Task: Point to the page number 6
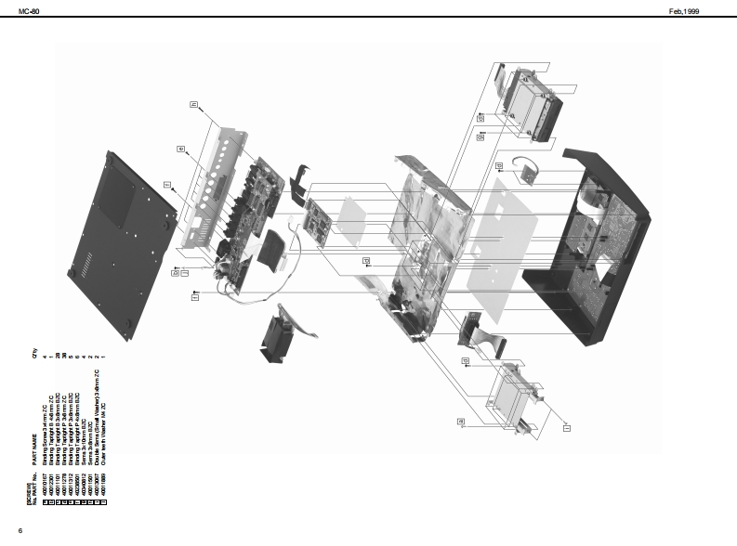coord(20,530)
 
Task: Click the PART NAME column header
coord(35,445)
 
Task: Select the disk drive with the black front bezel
coord(531,105)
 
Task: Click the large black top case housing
coord(586,246)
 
